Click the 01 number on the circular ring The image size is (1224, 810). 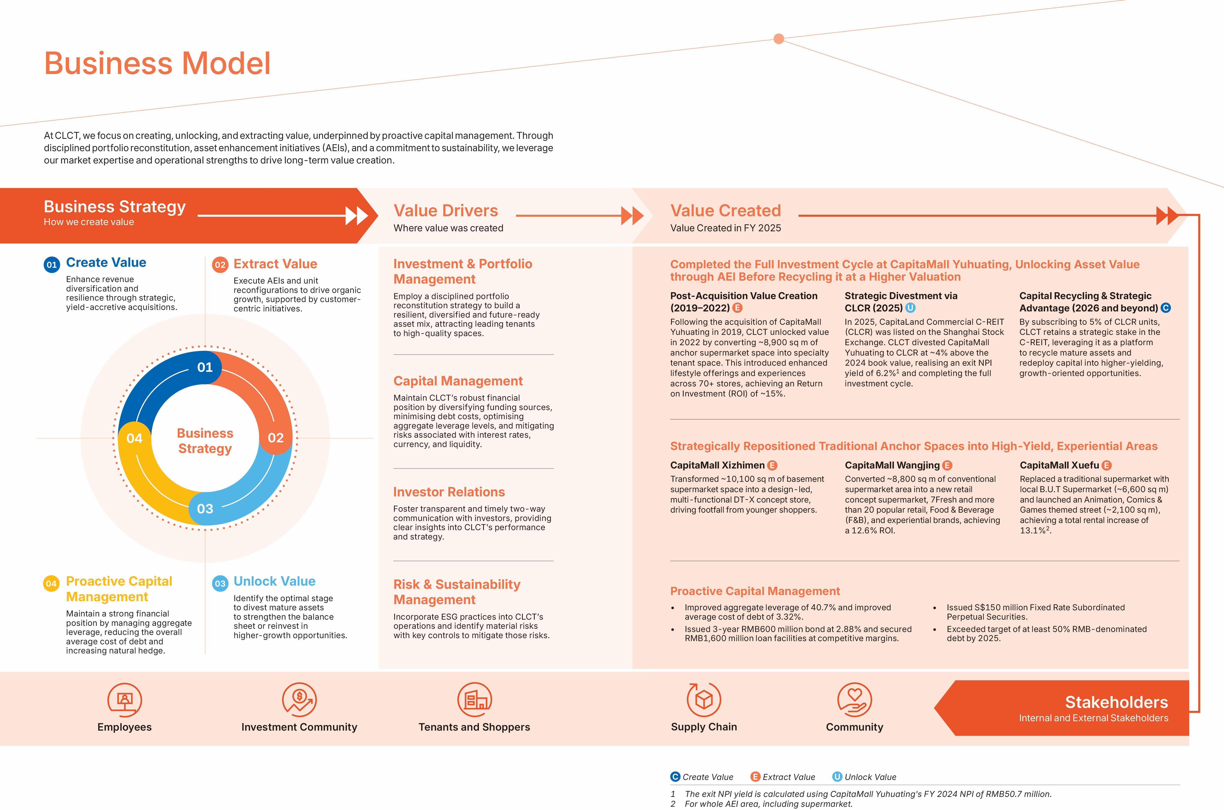pyautogui.click(x=205, y=367)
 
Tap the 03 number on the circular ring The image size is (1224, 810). pyautogui.click(x=205, y=509)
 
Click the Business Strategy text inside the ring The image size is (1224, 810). pyautogui.click(x=205, y=441)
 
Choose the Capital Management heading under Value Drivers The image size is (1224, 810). pyautogui.click(x=458, y=381)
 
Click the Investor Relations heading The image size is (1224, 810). pyautogui.click(x=449, y=492)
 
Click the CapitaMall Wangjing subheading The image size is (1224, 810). pyautogui.click(x=892, y=466)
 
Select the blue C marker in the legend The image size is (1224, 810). pyautogui.click(x=675, y=777)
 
